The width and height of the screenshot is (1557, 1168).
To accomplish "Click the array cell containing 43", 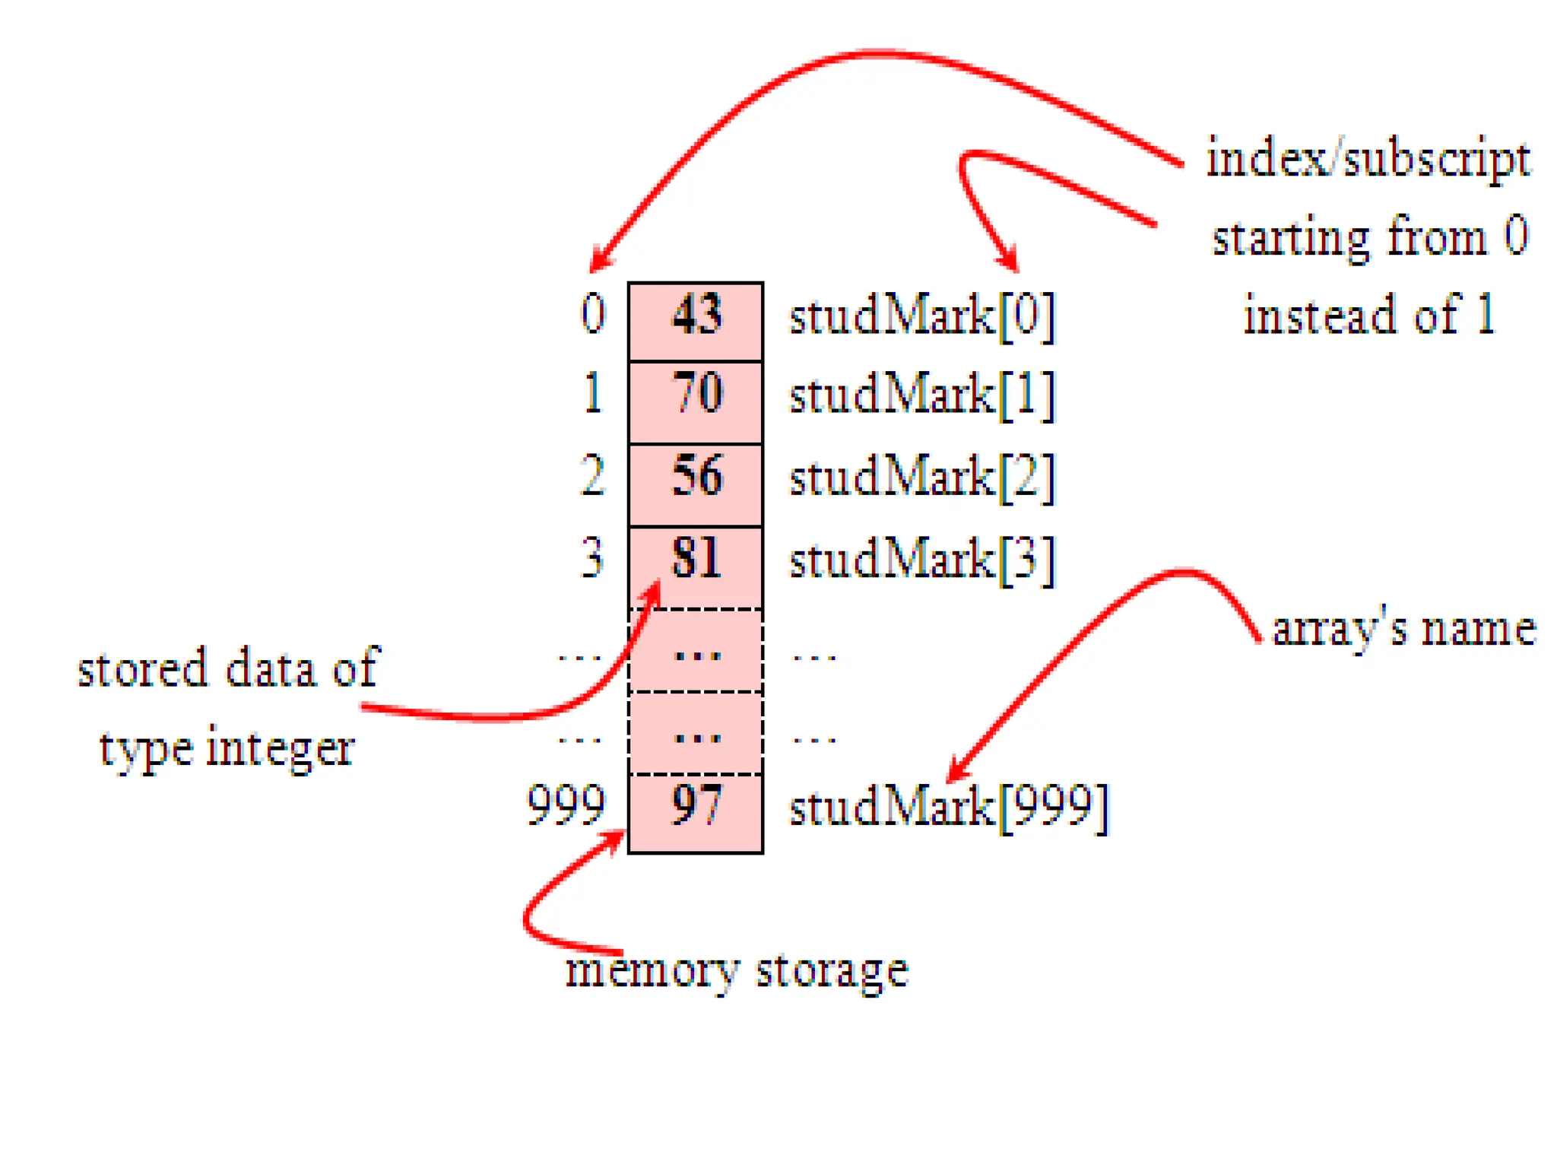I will click(x=695, y=320).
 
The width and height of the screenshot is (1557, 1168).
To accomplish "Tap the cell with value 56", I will click(x=695, y=484).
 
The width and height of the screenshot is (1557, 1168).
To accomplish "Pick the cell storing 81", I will click(x=695, y=566).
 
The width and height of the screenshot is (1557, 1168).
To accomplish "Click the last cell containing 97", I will click(x=695, y=812).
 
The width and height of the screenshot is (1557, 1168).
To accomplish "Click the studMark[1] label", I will click(x=922, y=395).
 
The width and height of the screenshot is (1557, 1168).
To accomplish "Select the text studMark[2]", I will click(x=922, y=478).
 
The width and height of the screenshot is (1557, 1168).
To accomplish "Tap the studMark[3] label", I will click(x=922, y=560).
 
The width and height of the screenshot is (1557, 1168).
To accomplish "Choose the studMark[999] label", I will click(x=949, y=807).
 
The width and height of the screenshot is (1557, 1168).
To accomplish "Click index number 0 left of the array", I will click(x=593, y=313).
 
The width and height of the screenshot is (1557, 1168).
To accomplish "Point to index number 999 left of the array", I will click(x=566, y=805).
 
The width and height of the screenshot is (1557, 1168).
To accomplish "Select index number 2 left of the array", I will click(x=592, y=477).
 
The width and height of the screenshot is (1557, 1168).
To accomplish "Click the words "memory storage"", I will click(x=736, y=970).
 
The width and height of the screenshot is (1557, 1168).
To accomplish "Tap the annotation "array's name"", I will click(x=1403, y=630).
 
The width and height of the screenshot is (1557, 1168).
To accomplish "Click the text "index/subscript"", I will click(x=1368, y=160).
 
